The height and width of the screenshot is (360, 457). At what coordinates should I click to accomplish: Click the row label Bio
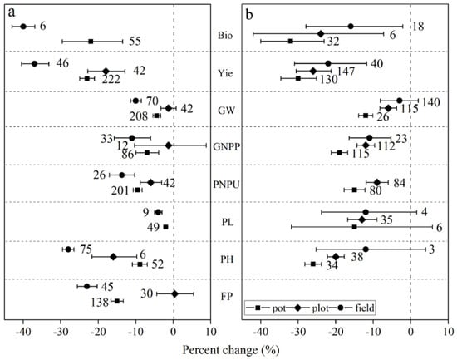coord(225,36)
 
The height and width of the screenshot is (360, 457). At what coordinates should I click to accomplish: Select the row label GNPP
coord(227,146)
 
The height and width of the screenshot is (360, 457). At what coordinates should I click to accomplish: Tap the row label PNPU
coord(227,185)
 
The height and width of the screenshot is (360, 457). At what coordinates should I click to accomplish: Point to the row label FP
coord(227,296)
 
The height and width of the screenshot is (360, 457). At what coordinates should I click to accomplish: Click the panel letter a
coord(12,12)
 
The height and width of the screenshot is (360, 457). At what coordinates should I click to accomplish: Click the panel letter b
coord(249,15)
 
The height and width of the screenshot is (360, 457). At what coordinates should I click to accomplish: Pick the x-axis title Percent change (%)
coord(231,350)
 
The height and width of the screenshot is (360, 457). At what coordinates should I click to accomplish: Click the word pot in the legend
coord(279,308)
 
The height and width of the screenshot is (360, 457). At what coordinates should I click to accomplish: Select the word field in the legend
coord(365,308)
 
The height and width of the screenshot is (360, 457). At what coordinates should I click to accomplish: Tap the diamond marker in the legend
coord(298,308)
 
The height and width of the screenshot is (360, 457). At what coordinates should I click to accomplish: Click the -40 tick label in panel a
coord(23,332)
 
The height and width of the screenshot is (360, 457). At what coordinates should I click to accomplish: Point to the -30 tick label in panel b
coord(297,332)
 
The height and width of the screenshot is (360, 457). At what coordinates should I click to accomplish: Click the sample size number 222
coord(111,79)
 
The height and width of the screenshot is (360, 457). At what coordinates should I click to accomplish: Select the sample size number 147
coord(346,72)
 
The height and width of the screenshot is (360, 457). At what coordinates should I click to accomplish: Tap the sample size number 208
coord(139,116)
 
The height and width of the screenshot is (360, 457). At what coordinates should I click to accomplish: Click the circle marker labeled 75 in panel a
coord(68,249)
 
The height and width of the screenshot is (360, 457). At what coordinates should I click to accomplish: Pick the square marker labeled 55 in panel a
coord(91,42)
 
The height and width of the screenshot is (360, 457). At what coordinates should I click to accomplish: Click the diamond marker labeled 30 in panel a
coord(174,294)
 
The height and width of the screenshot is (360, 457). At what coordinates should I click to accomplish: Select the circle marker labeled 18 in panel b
coord(351,27)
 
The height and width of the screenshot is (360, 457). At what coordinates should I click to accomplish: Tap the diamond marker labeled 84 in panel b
coord(377,182)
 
